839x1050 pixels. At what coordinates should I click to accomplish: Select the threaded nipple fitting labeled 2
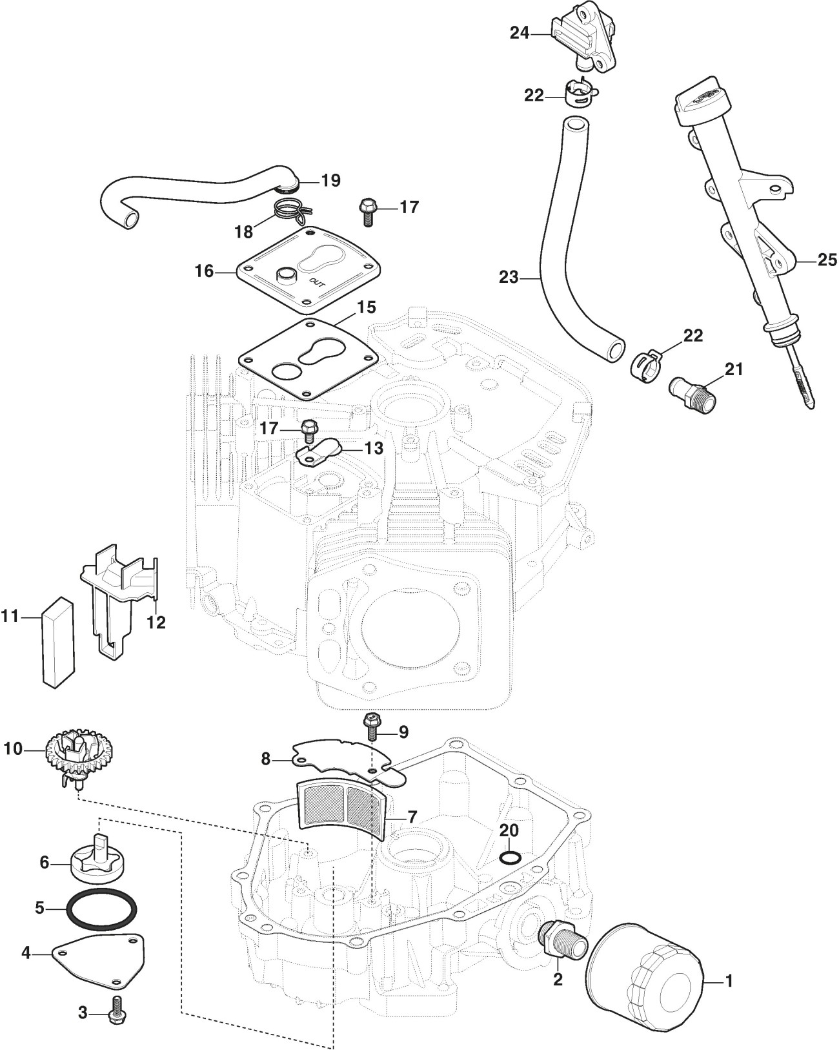tap(560, 940)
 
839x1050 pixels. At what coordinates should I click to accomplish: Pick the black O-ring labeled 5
tap(102, 908)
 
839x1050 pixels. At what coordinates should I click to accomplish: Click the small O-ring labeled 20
tap(510, 857)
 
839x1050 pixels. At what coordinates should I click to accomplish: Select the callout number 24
tap(520, 32)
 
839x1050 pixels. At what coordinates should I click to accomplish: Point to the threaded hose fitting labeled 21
tap(692, 392)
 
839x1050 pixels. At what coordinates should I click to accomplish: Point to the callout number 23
tap(509, 277)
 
